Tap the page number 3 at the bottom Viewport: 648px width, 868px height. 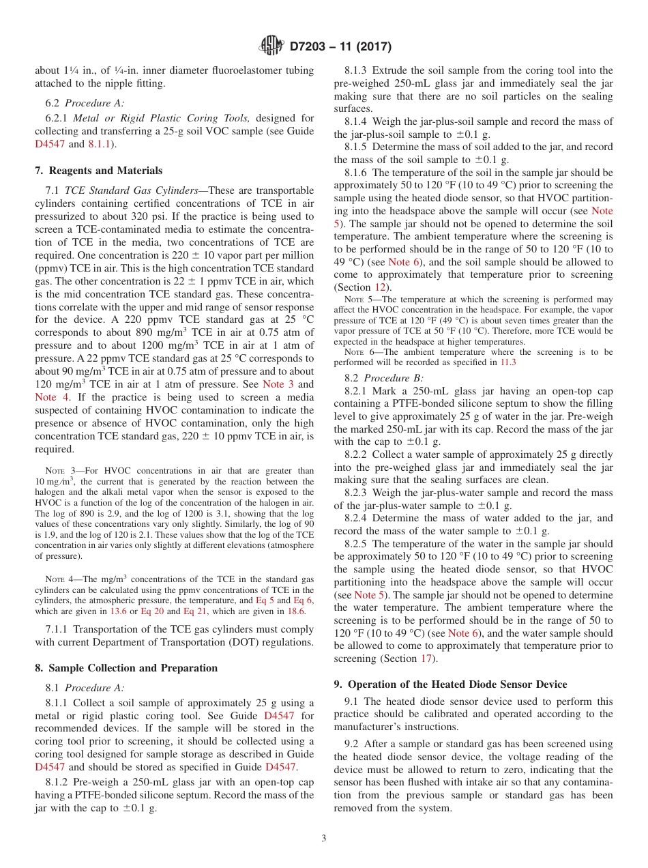pyautogui.click(x=323, y=838)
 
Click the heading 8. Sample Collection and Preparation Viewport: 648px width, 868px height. pyautogui.click(x=126, y=668)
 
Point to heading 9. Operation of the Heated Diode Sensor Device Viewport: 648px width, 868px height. pyautogui.click(x=450, y=684)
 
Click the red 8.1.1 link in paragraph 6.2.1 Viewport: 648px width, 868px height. pyautogui.click(x=103, y=145)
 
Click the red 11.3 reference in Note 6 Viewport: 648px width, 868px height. pyautogui.click(x=509, y=362)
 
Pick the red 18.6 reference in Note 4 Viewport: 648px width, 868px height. pyautogui.click(x=296, y=611)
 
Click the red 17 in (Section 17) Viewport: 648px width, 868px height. pyautogui.click(x=428, y=659)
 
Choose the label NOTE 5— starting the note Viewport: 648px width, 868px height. pyautogui.click(x=357, y=300)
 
